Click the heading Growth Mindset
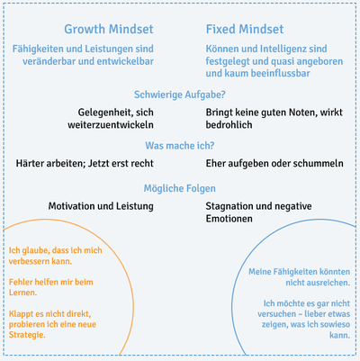[109, 30]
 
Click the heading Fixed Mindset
[245, 30]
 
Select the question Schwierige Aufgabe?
[180, 95]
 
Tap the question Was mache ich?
[180, 146]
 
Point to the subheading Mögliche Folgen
[180, 188]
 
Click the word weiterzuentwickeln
[111, 125]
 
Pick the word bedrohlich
[229, 125]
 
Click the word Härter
[30, 164]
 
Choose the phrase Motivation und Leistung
[101, 206]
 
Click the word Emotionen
[229, 219]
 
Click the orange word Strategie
[27, 335]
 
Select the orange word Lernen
[22, 293]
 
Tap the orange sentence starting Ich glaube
[55, 256]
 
